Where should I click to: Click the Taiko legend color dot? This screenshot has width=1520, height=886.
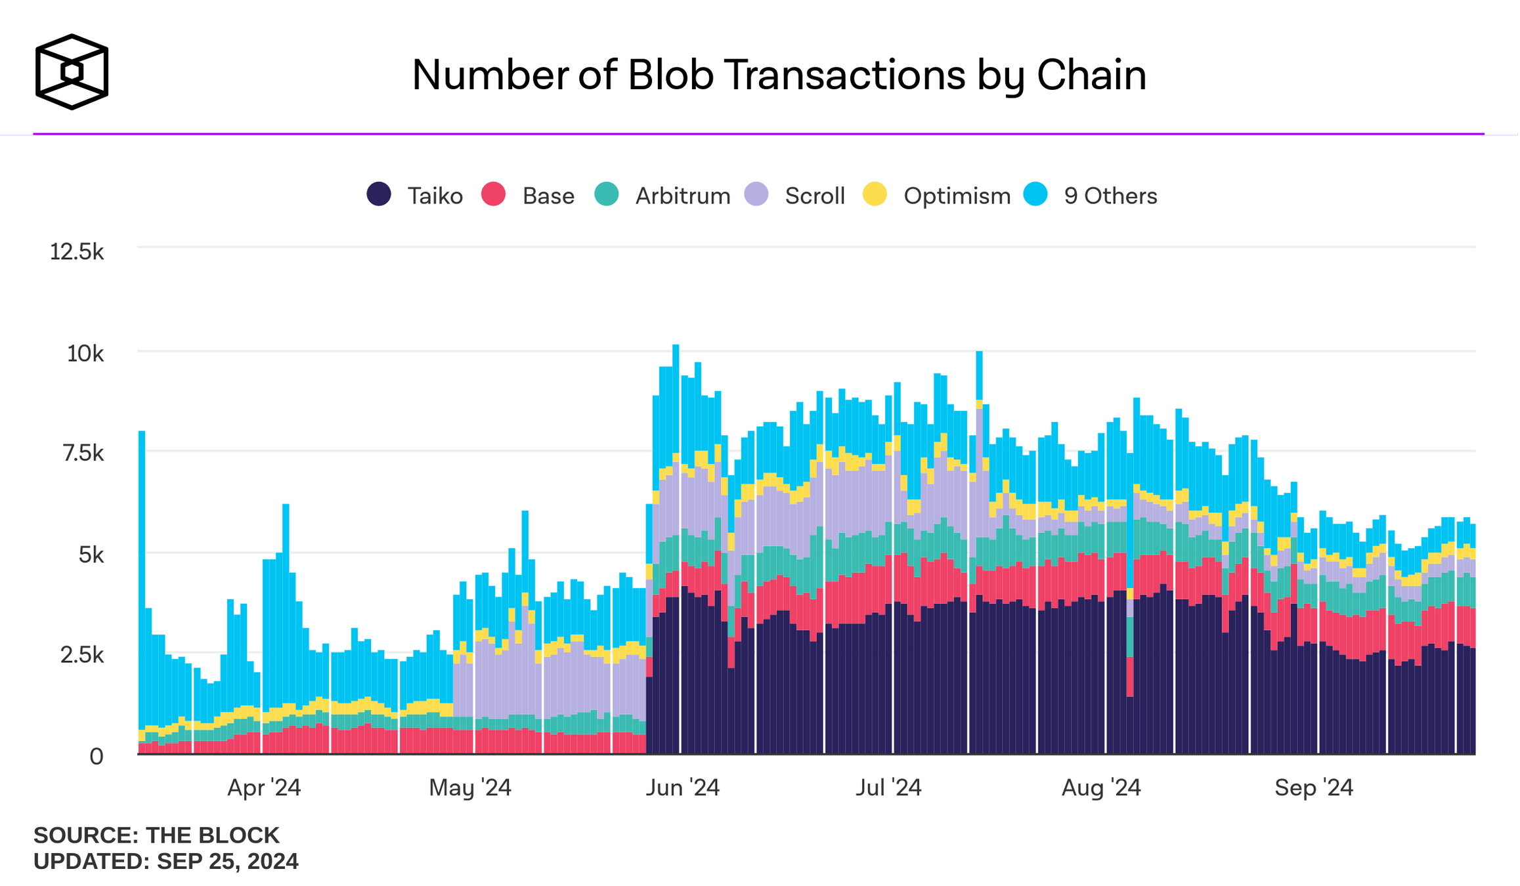[379, 194]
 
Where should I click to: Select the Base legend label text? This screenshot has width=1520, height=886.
[548, 196]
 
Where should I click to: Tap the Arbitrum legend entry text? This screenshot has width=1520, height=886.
[683, 196]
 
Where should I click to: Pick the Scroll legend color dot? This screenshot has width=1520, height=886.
[756, 194]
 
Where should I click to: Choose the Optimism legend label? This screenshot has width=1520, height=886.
[957, 196]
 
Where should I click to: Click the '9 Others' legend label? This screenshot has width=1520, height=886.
[1110, 196]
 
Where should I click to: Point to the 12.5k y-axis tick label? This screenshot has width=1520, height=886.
[77, 251]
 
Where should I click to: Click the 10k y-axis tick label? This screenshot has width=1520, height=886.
[85, 354]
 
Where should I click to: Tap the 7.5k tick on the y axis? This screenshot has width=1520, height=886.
[83, 453]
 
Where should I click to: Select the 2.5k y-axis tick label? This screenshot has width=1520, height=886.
[82, 655]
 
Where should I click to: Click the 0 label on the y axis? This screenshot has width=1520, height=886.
[97, 757]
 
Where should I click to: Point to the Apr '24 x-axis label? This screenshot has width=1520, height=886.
[264, 788]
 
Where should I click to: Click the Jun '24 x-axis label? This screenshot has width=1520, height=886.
[683, 788]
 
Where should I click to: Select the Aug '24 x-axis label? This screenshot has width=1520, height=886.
[1101, 788]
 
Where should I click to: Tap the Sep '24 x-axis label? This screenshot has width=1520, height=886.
[1314, 788]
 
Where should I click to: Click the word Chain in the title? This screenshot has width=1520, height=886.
[1091, 75]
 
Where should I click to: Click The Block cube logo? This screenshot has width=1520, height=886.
[72, 72]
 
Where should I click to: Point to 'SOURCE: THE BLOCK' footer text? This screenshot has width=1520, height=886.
[156, 835]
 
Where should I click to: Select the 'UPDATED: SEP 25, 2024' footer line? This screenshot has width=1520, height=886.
[166, 861]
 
